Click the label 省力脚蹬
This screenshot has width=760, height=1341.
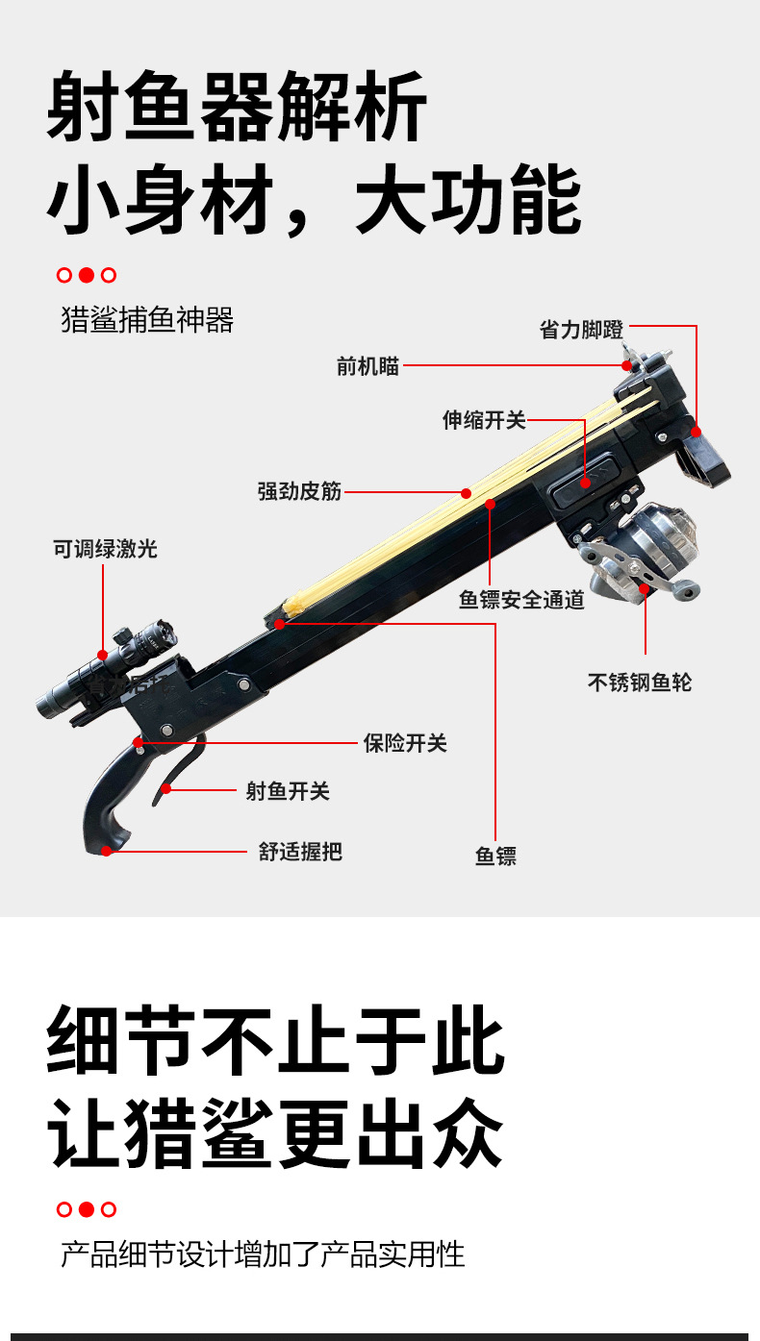[581, 330]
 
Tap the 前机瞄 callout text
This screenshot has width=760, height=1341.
[367, 366]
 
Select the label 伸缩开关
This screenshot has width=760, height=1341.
[484, 420]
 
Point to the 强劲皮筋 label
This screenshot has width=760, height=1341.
[299, 491]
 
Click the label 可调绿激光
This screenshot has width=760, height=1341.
[106, 549]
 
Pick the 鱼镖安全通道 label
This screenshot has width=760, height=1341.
[521, 600]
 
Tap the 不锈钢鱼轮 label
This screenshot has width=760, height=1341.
[640, 683]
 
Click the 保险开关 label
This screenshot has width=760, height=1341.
[405, 743]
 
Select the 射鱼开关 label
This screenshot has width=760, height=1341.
[288, 791]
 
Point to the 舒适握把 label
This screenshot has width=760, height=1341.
[300, 852]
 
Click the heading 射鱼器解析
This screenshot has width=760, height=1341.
[238, 107]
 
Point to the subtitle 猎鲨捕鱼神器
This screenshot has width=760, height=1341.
[147, 319]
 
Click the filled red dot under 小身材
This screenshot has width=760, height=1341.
[87, 275]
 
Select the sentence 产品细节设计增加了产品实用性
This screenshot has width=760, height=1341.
[263, 1254]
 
